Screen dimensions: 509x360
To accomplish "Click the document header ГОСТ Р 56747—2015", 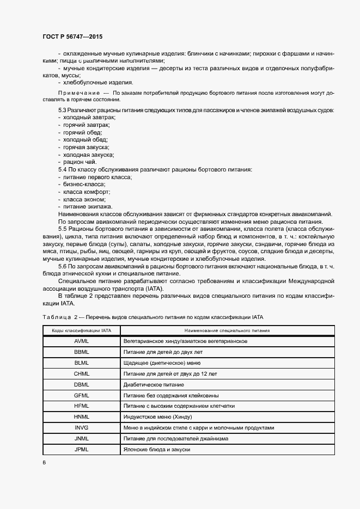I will (x=72, y=36).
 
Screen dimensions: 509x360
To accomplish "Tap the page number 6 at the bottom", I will (x=44, y=462).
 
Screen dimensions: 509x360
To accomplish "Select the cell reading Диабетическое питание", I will (x=154, y=384).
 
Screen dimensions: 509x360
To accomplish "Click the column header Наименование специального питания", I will (x=227, y=330).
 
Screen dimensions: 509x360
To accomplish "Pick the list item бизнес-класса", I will (x=84, y=185).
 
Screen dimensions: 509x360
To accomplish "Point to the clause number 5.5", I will (x=63, y=229).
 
